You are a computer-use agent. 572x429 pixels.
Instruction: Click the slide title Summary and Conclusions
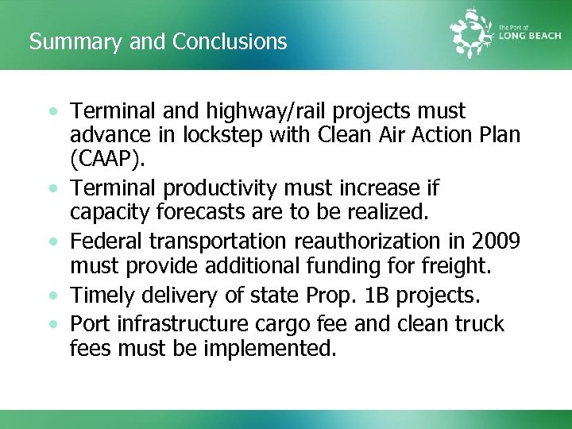coord(158,41)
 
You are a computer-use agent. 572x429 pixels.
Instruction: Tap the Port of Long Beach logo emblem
coord(473,34)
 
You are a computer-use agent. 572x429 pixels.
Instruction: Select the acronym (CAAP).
coord(108,160)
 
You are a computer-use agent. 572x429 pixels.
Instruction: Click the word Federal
coord(103,241)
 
